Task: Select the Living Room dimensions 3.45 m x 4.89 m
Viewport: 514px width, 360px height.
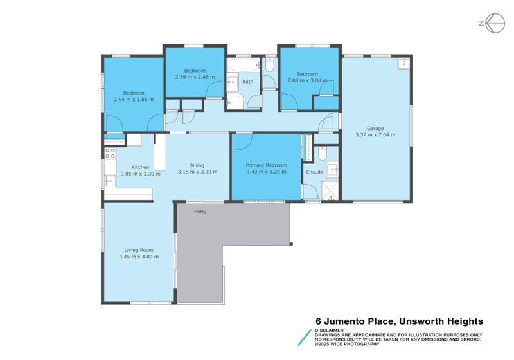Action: pyautogui.click(x=139, y=256)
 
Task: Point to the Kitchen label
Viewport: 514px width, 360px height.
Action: pyautogui.click(x=141, y=167)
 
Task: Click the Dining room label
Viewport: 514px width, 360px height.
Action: pyautogui.click(x=197, y=165)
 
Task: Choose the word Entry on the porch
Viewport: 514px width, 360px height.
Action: pyautogui.click(x=200, y=212)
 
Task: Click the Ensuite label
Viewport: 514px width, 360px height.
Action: pyautogui.click(x=315, y=172)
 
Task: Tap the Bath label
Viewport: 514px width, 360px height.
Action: pyautogui.click(x=247, y=82)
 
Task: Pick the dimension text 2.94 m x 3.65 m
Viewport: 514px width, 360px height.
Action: pyautogui.click(x=134, y=100)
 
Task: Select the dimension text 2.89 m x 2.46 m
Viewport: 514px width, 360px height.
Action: pyautogui.click(x=195, y=77)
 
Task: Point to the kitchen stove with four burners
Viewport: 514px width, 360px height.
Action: pyautogui.click(x=110, y=153)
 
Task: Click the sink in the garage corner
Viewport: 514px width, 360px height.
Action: pyautogui.click(x=403, y=63)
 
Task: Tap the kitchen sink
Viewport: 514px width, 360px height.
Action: pyautogui.click(x=109, y=181)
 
